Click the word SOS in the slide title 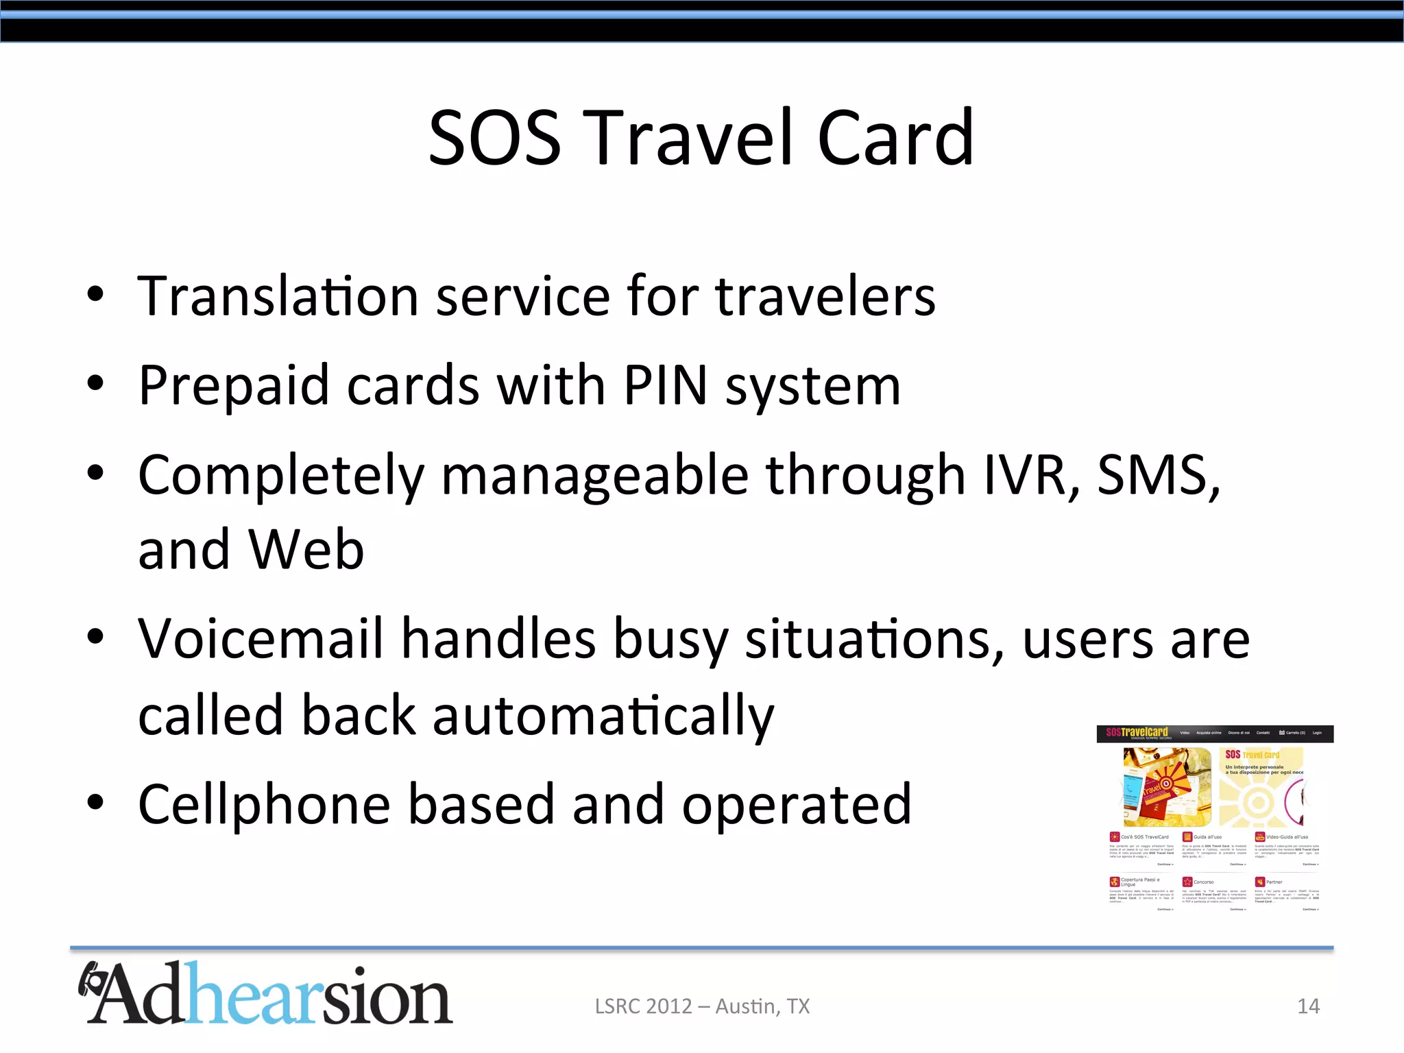click(x=495, y=138)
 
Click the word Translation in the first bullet click(x=278, y=296)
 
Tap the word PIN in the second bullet click(x=665, y=385)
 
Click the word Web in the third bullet click(x=306, y=550)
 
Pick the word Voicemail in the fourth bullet click(x=261, y=639)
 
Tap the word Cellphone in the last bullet click(x=264, y=805)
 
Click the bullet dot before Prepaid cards click(x=95, y=383)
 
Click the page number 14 click(x=1308, y=1006)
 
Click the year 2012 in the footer click(x=669, y=1006)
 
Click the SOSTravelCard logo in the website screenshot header click(x=1137, y=733)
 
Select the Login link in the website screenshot click(x=1317, y=733)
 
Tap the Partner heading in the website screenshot click(x=1274, y=882)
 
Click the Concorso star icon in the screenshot click(x=1187, y=882)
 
